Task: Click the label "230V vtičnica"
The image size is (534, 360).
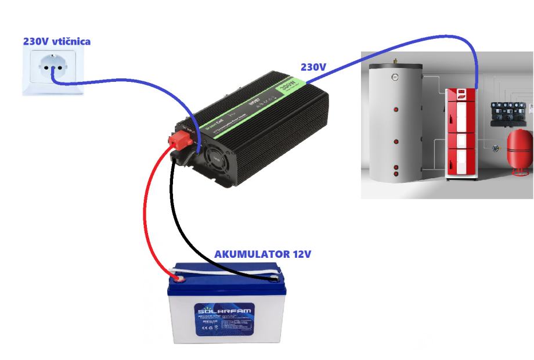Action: coord(57,41)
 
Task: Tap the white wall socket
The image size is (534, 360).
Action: coord(51,70)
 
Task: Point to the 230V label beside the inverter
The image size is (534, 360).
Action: coord(312,67)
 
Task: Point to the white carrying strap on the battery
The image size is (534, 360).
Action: coord(232,268)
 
